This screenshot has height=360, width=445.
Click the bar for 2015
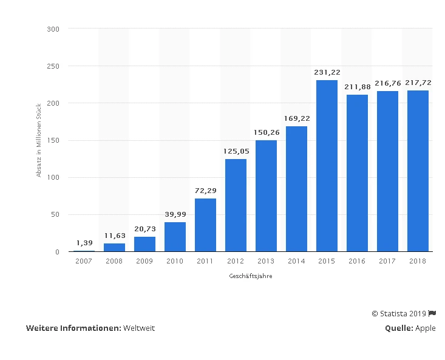[327, 166]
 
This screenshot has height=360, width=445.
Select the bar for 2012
[236, 205]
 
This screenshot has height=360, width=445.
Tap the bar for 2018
[418, 171]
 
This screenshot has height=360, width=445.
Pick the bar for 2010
[175, 237]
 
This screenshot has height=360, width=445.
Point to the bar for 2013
[266, 195]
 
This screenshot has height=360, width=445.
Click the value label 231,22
[327, 72]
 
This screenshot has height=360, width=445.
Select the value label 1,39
[84, 243]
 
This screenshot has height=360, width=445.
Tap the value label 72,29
[205, 191]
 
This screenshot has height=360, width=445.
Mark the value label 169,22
[296, 118]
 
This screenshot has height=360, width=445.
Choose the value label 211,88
[357, 87]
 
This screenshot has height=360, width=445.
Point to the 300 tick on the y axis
[54, 29]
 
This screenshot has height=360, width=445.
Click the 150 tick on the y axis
[54, 140]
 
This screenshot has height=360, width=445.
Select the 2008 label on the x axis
[114, 261]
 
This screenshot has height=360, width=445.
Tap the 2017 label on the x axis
[387, 261]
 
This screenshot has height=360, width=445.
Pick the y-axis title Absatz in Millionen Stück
[39, 140]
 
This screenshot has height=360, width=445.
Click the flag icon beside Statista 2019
[432, 313]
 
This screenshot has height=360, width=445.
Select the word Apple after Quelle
[426, 328]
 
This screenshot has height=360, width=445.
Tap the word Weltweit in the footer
[139, 328]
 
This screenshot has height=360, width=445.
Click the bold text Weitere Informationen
[73, 328]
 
